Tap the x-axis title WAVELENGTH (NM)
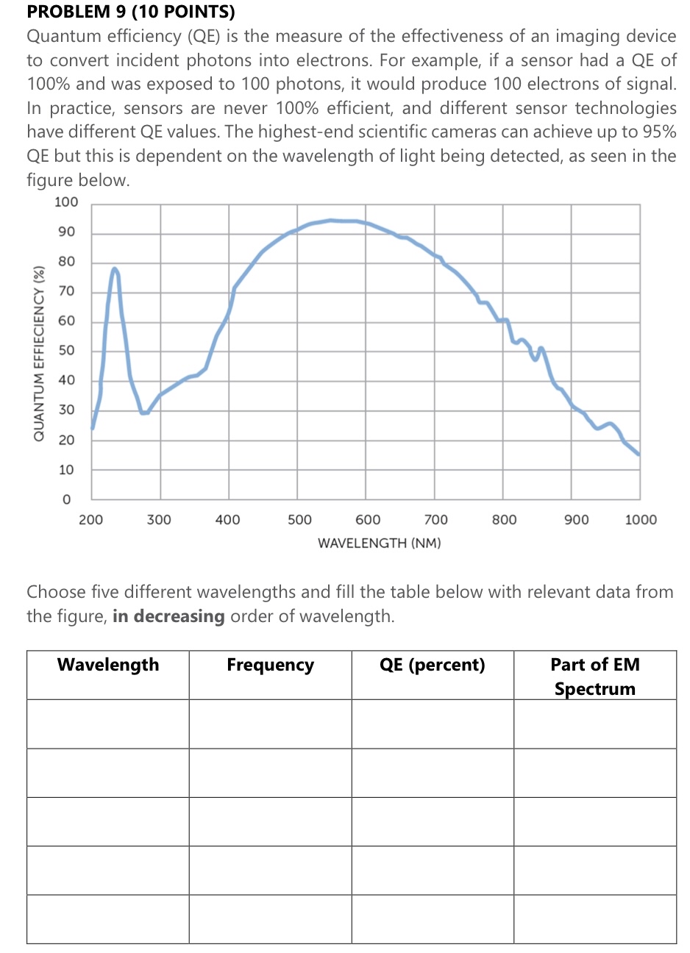click(380, 543)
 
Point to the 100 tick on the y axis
click(66, 202)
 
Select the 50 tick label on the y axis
click(66, 351)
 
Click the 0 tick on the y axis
click(66, 499)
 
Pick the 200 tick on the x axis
click(91, 520)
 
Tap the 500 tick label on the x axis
click(299, 520)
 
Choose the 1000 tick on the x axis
click(641, 520)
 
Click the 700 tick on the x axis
click(436, 520)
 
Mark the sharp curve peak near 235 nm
click(115, 269)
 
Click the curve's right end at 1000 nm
click(639, 454)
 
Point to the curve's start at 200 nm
click(92, 428)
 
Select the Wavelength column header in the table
click(108, 665)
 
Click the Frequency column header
click(270, 665)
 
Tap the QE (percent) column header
click(433, 665)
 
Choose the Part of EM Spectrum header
click(595, 677)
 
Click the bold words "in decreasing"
click(168, 616)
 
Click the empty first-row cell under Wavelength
click(108, 724)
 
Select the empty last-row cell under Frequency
click(270, 919)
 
